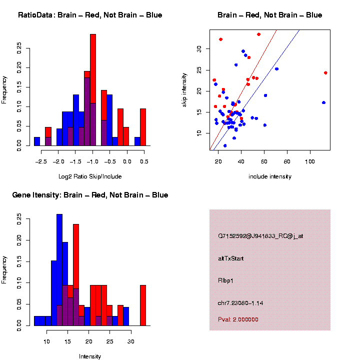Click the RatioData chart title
[x=90, y=15]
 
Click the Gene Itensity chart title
[x=90, y=195]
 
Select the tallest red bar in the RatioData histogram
[x=92, y=90]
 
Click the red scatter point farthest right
[x=325, y=72]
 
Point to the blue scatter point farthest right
[x=323, y=102]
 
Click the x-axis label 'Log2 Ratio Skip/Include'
[x=90, y=176]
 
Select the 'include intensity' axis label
[x=270, y=176]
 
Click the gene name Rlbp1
[x=226, y=280]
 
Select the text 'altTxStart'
[x=231, y=258]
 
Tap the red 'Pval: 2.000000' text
[x=245, y=319]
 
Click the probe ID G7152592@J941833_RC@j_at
[x=260, y=236]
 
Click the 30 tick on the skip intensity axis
[x=198, y=48]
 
